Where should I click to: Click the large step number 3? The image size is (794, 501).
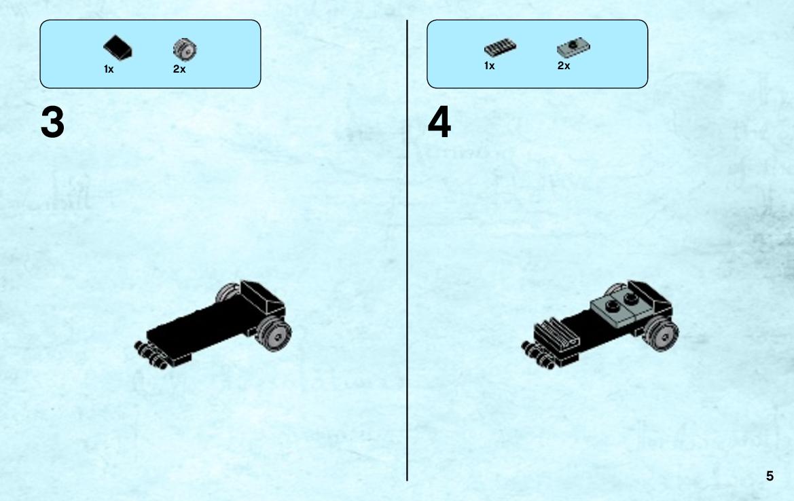[53, 122]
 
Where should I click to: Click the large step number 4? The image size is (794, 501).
[439, 122]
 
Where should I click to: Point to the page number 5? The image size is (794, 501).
[770, 476]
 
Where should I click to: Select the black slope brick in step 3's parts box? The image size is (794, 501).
[118, 48]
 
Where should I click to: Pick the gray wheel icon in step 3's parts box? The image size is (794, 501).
[185, 50]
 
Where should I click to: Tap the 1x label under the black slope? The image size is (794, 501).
[109, 69]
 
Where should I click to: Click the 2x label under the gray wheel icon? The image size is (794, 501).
[179, 69]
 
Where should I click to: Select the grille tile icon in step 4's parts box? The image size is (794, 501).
[500, 48]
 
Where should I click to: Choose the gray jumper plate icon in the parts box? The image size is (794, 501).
[573, 47]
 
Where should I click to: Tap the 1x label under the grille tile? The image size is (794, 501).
[489, 66]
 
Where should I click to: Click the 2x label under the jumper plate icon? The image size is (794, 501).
[564, 66]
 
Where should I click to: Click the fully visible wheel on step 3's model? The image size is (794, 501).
[274, 334]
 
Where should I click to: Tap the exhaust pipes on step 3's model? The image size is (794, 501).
[150, 355]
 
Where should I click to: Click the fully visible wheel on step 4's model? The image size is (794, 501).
[662, 334]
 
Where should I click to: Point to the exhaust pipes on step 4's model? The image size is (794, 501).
[538, 355]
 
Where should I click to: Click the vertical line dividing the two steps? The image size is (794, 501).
[407, 250]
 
